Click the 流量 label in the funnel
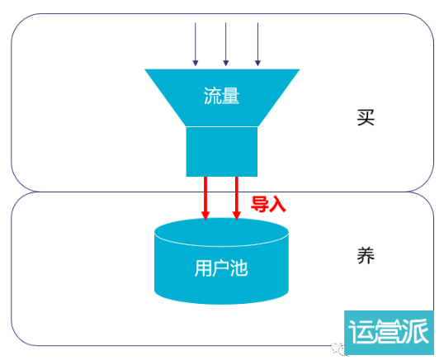(222, 96)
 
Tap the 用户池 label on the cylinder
(221, 268)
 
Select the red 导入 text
(268, 204)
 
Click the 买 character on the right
(366, 117)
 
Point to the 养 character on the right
(366, 255)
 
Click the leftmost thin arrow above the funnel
(196, 45)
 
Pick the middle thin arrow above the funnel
(225, 45)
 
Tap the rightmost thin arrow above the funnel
(257, 45)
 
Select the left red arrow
(205, 198)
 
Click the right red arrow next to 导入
(237, 198)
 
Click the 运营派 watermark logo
(389, 332)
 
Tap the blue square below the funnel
(222, 152)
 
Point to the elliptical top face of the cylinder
(221, 232)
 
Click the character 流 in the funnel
(213, 96)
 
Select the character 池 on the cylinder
(239, 268)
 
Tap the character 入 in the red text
(277, 204)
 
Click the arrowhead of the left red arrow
(205, 216)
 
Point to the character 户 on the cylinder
(221, 268)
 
